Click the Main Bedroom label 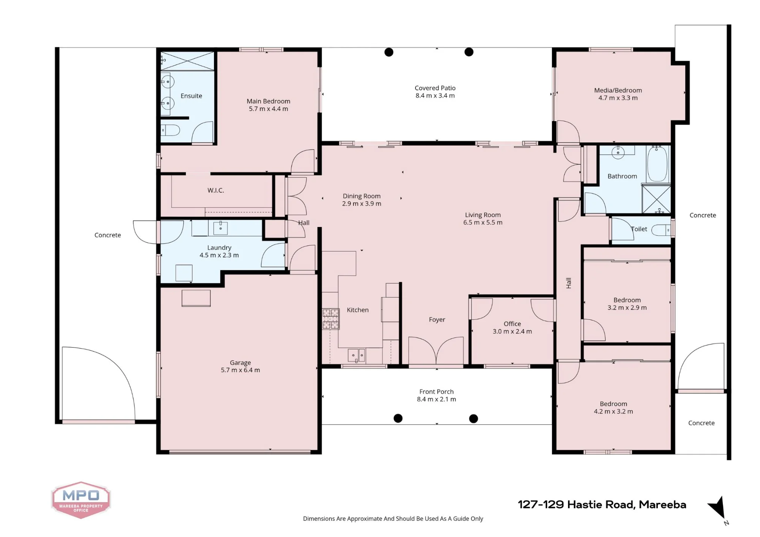tap(268, 101)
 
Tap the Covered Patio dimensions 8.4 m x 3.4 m tap(435, 96)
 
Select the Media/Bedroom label tap(618, 90)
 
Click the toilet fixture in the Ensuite tap(170, 130)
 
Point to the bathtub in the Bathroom tap(657, 164)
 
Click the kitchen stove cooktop tap(331, 319)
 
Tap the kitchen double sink tap(356, 355)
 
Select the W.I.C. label tap(215, 190)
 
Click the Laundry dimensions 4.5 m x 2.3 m tap(219, 255)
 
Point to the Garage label tap(240, 363)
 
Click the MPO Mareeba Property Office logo tap(81, 500)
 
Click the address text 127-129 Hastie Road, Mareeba tap(602, 505)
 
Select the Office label tap(512, 324)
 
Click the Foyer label tap(437, 320)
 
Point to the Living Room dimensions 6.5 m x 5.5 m tap(483, 223)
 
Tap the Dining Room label tap(361, 196)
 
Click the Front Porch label tap(436, 392)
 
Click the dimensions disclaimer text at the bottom tap(393, 519)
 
